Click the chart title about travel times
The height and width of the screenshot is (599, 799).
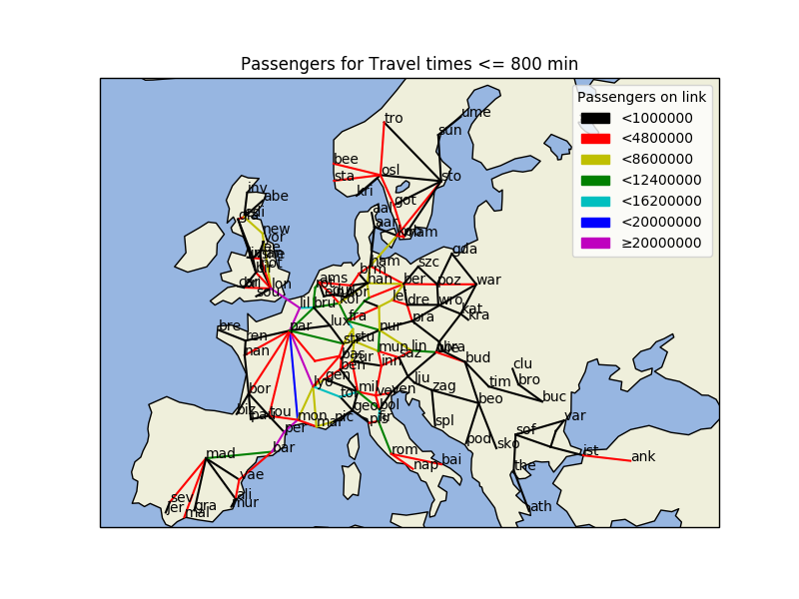(408, 65)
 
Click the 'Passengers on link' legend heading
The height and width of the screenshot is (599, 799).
(641, 97)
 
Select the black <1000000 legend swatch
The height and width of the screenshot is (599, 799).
(595, 118)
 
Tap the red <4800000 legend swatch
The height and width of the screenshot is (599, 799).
(595, 139)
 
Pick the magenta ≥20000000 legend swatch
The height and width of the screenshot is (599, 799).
(595, 243)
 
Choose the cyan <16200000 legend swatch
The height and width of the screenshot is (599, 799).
(595, 201)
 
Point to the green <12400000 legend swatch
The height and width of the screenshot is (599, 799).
(595, 181)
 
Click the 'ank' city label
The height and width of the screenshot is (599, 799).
(643, 456)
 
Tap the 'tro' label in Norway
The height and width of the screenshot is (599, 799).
(394, 118)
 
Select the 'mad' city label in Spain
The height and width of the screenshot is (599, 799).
(221, 453)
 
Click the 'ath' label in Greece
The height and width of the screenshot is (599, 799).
(540, 506)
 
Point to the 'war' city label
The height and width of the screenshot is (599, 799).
(488, 280)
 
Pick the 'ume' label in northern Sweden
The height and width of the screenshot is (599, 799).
(475, 112)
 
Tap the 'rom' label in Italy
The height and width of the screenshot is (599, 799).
(404, 449)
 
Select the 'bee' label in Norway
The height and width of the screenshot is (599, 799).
(346, 159)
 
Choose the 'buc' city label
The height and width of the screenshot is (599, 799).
(554, 396)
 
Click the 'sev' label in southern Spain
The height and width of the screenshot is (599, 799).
(180, 497)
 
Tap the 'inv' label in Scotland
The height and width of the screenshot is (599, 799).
(257, 188)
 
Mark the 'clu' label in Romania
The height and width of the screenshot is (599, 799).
(523, 364)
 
